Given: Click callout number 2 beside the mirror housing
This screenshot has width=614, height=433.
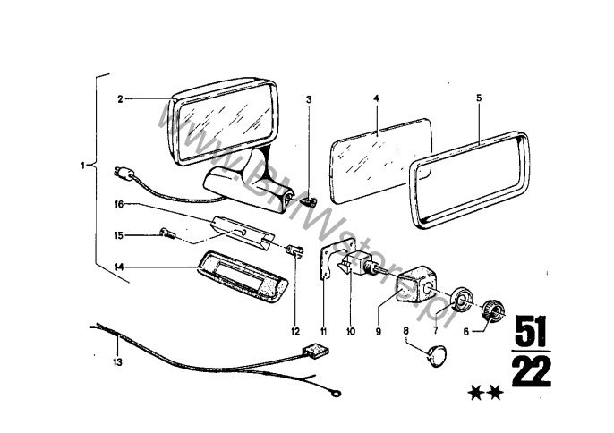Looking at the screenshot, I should (119, 99).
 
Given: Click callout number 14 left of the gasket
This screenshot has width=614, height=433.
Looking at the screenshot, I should (119, 267).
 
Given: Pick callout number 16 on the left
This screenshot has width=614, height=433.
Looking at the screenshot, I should (118, 204).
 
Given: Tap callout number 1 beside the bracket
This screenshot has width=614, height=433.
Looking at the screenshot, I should (82, 165).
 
